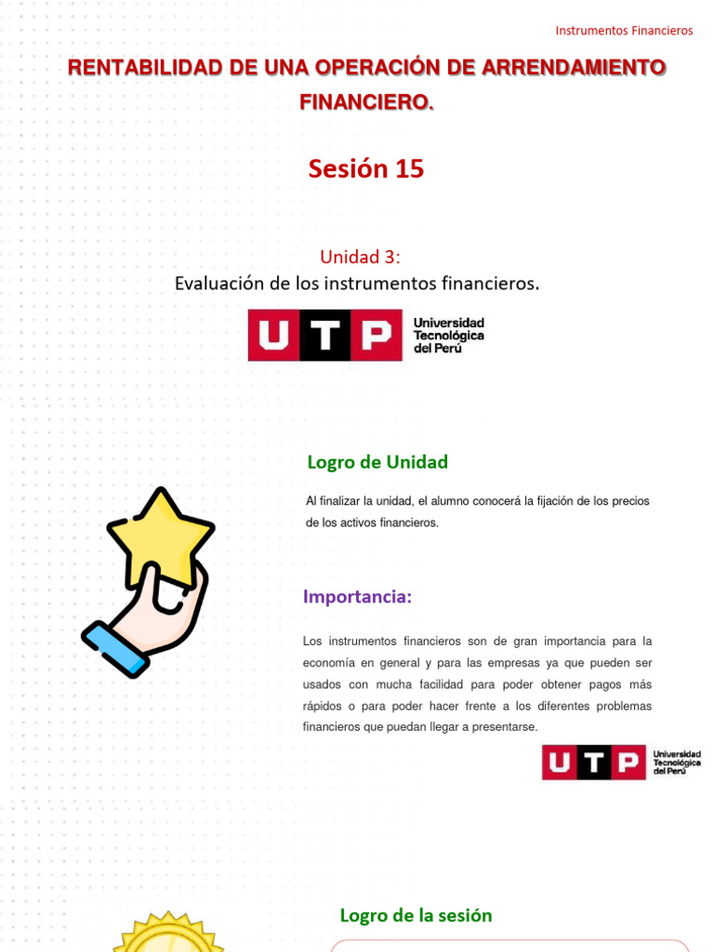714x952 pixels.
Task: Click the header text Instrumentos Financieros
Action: [x=624, y=31]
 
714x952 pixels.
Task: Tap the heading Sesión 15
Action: [x=366, y=168]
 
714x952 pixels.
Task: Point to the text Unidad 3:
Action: [x=361, y=257]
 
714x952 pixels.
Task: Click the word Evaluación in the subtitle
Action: [x=219, y=284]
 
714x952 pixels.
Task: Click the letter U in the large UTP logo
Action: [x=273, y=336]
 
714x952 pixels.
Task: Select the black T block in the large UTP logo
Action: [x=324, y=336]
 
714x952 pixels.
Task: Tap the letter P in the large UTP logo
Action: [x=377, y=336]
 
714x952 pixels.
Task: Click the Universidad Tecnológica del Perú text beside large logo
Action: [x=448, y=335]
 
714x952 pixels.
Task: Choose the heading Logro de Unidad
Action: [x=377, y=462]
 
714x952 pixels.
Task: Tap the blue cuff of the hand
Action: [x=114, y=647]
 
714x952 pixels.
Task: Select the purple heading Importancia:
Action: [x=357, y=597]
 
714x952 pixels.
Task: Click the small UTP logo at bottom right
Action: [x=621, y=762]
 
